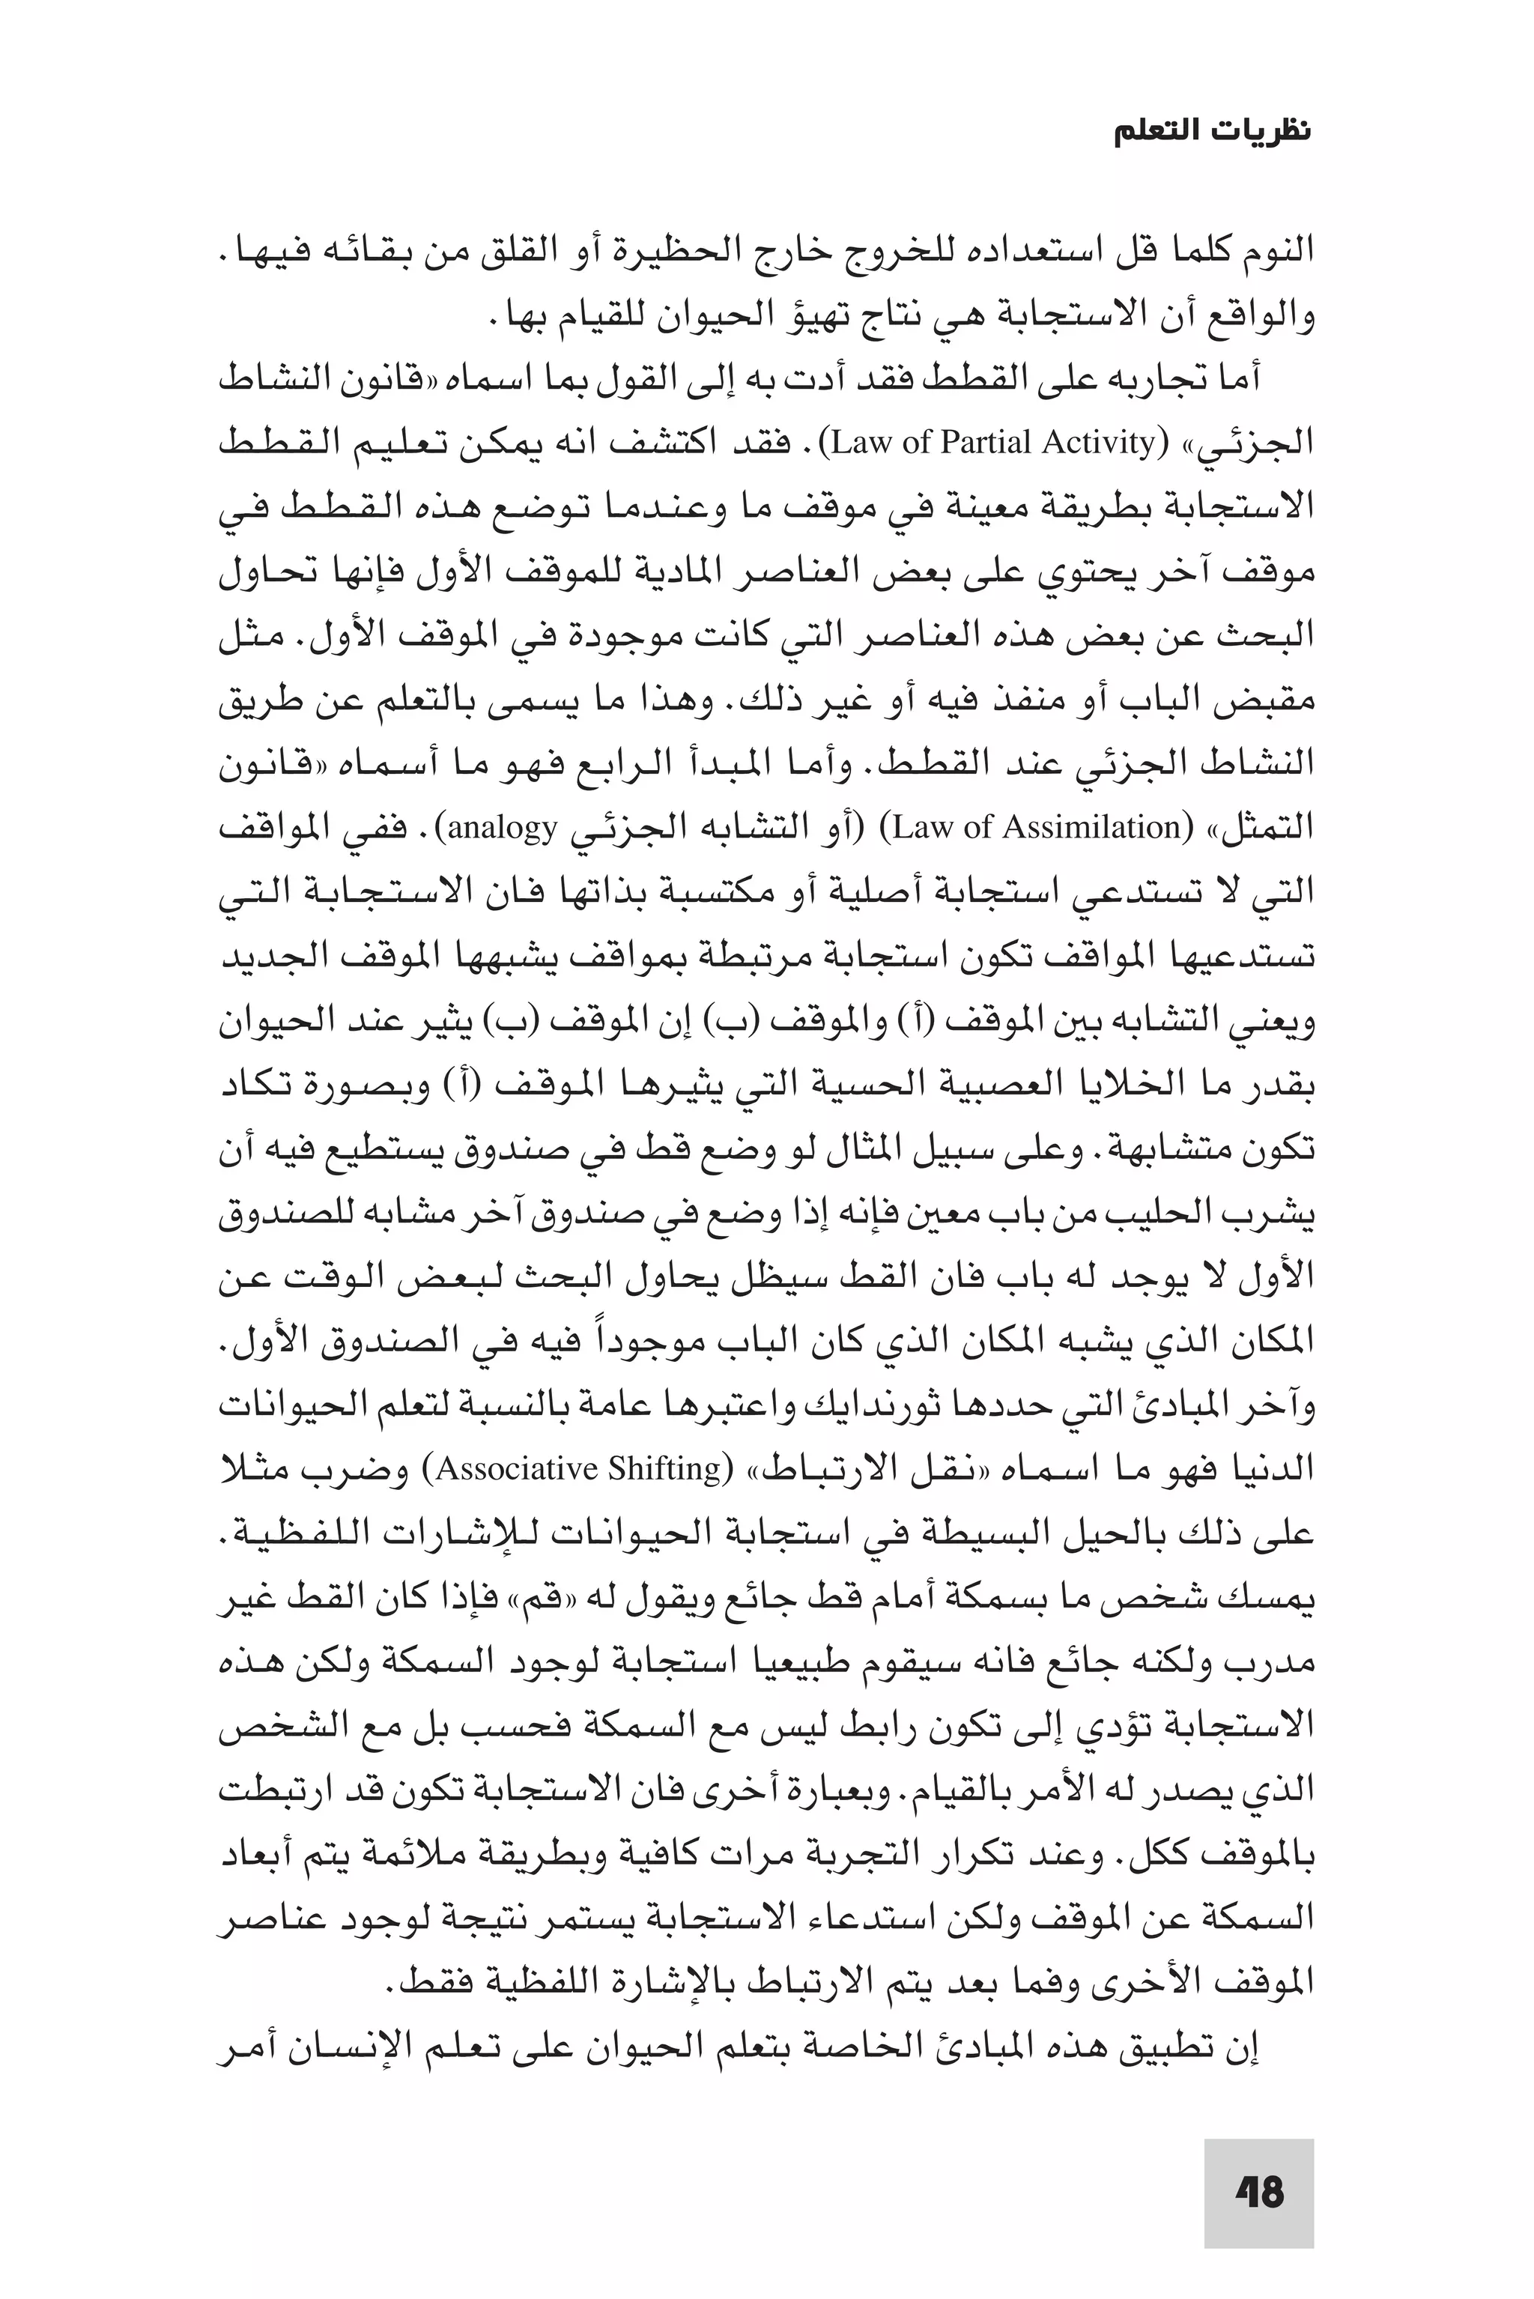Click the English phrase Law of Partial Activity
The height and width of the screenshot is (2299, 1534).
[993, 443]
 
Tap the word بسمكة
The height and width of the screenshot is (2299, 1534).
[1022, 1599]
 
